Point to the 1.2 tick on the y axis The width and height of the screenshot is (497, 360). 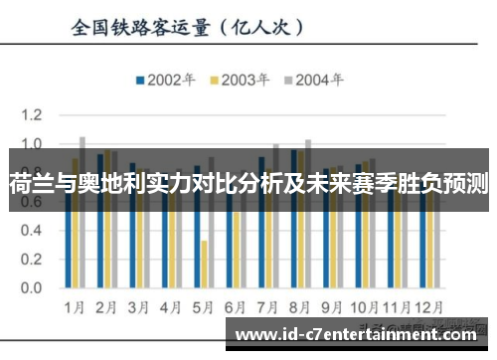[x=33, y=115]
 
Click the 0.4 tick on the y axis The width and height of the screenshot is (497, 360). [x=33, y=232]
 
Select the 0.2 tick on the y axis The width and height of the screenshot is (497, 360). [x=33, y=261]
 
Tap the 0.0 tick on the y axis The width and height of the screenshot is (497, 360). [x=33, y=289]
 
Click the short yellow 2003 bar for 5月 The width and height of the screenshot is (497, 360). [x=204, y=264]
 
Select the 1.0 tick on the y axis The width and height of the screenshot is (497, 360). [x=33, y=144]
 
